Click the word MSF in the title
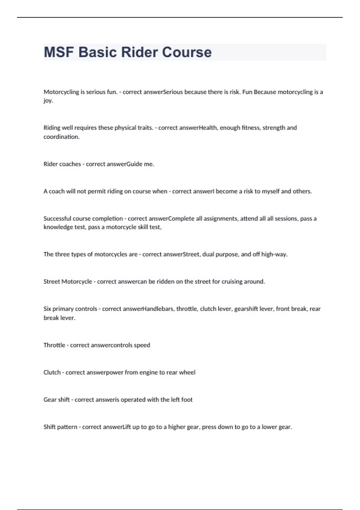point(59,52)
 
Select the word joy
point(48,101)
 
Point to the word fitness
point(251,128)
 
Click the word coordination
point(61,137)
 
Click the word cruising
point(232,282)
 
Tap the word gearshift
point(246,309)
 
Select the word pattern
point(69,427)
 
